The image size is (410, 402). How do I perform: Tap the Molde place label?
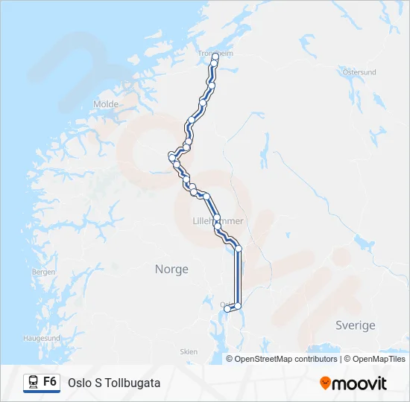coord(106,104)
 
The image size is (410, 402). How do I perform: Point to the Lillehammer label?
coord(218,221)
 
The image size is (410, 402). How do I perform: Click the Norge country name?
coord(171,269)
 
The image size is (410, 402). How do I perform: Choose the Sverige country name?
coord(356,325)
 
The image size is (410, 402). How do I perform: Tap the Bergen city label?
coord(44,272)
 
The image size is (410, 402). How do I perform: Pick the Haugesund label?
coord(41,337)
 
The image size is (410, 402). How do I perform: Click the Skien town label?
coord(189,351)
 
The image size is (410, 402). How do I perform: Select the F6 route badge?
coord(50,382)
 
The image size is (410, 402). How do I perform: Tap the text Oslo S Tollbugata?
coord(114,383)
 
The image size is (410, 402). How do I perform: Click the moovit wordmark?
coord(359,383)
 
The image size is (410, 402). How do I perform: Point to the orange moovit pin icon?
coord(325,383)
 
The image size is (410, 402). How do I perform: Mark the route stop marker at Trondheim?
coord(215,57)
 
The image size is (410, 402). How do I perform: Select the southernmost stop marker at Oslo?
coord(227,309)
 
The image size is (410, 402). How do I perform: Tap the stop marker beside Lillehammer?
coord(217,219)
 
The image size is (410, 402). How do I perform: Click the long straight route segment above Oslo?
coord(239,275)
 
